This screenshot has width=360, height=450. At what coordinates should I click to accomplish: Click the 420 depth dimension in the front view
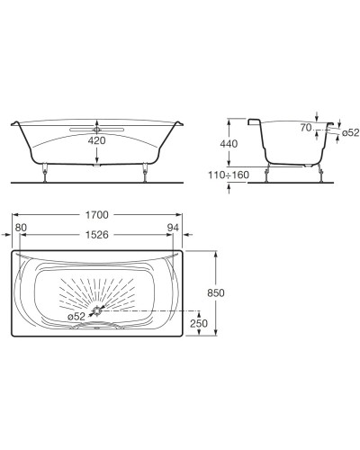pos(97,140)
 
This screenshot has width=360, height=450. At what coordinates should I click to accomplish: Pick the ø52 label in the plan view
pos(76,316)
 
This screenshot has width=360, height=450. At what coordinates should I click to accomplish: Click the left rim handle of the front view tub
pos(18,124)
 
